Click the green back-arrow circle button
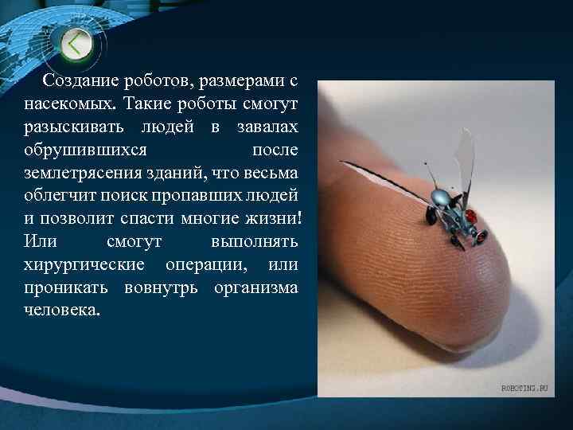[76, 44]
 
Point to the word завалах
[267, 127]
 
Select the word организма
[256, 287]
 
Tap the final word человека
[62, 310]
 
